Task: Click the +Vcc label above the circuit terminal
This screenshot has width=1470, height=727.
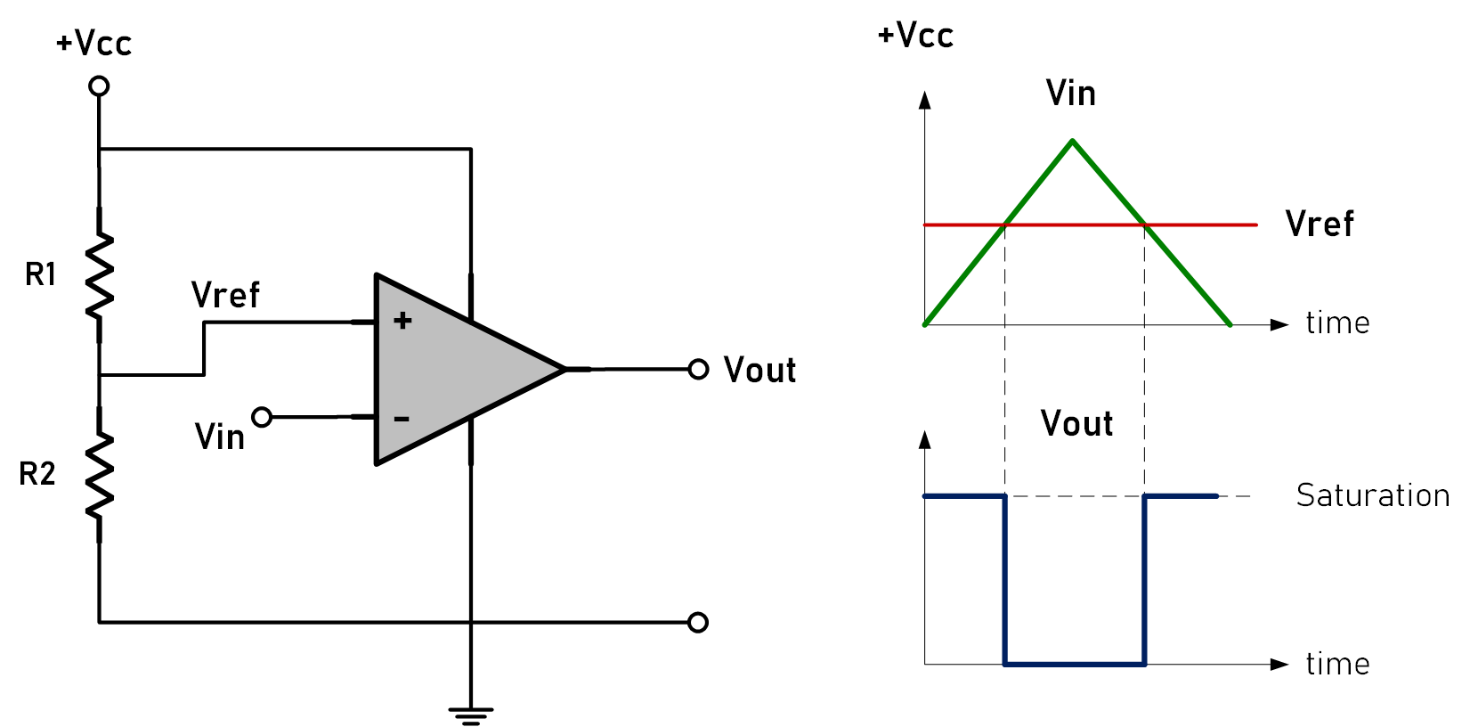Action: coord(93,44)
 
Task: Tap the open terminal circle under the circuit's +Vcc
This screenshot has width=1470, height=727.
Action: coord(100,86)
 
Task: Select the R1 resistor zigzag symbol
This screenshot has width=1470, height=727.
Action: coord(100,275)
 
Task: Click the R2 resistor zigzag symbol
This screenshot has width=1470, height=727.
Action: coord(100,476)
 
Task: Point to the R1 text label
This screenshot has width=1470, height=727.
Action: coord(41,275)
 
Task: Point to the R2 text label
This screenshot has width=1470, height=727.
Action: coord(37,474)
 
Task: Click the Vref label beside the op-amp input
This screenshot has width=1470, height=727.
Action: coord(225,295)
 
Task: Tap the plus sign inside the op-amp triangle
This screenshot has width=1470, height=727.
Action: coord(402,321)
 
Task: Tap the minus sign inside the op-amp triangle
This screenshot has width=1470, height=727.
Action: coord(402,418)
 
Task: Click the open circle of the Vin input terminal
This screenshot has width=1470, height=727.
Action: coord(262,416)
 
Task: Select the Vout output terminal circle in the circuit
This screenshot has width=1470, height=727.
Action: coord(699,369)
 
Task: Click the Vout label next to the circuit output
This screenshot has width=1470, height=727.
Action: coord(759,370)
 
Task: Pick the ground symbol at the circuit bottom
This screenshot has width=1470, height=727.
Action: coord(471,713)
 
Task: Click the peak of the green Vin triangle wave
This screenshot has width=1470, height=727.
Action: coord(1073,141)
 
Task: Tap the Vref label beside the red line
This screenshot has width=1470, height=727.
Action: coord(1320,224)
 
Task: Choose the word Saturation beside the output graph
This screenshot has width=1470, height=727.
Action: coord(1372,495)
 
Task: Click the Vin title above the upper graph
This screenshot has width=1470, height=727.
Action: coord(1070,94)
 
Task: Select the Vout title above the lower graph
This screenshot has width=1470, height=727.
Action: coord(1076,423)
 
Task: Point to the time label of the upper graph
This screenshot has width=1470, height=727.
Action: coord(1337,323)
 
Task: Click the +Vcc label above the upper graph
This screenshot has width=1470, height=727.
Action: coord(915,35)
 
